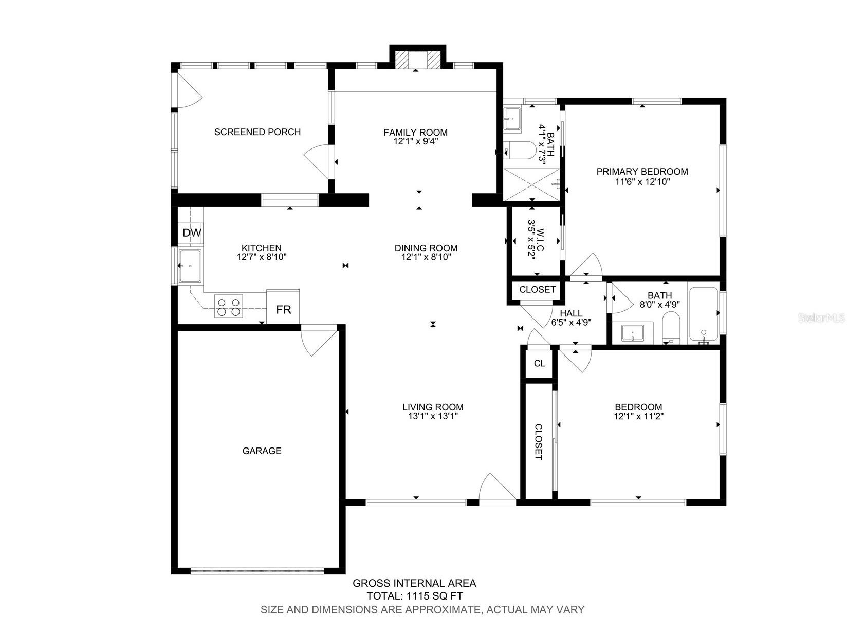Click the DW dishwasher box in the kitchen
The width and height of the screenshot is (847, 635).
click(x=191, y=233)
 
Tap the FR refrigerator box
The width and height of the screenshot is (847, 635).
click(x=283, y=309)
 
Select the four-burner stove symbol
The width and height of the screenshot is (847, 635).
click(x=229, y=307)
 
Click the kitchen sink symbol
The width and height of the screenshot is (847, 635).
click(x=191, y=266)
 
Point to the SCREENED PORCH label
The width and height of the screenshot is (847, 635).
click(x=257, y=132)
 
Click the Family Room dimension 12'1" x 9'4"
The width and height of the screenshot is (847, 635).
click(x=415, y=141)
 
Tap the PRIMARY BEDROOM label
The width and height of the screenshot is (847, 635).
click(x=642, y=172)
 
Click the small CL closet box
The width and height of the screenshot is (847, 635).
click(x=539, y=364)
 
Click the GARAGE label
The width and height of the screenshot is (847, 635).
click(x=262, y=451)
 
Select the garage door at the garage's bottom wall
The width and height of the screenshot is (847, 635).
click(x=257, y=570)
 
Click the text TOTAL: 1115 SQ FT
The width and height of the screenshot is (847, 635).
click(x=414, y=596)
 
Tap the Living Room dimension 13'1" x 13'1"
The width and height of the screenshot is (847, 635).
click(x=433, y=416)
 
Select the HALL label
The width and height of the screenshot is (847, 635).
click(x=571, y=313)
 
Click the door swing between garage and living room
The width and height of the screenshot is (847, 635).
click(x=319, y=340)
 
